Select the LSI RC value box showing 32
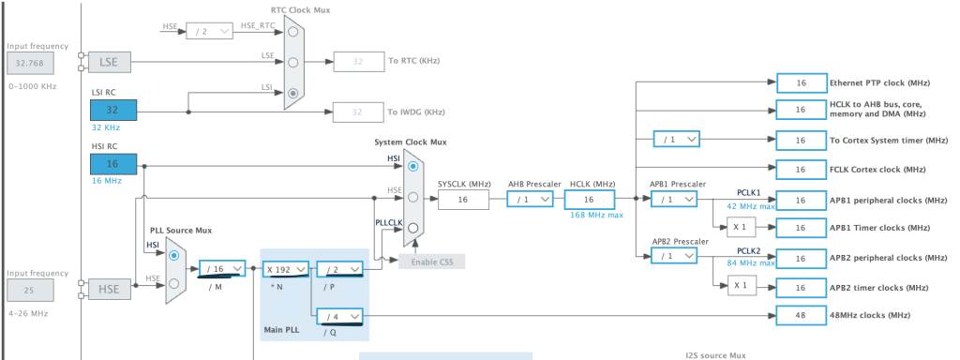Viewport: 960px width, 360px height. coord(113,110)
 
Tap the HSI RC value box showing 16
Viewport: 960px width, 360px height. coord(113,164)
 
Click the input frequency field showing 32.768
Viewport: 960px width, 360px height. coord(30,64)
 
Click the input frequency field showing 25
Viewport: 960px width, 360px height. coord(30,291)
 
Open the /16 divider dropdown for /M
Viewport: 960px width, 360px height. coord(222,268)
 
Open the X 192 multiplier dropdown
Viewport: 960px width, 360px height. coord(285,268)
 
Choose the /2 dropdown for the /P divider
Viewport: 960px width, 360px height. coord(339,268)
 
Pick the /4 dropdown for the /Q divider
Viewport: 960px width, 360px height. coord(339,316)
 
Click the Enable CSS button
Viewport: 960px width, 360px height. coord(431,260)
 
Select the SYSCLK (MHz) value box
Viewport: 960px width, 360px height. coord(463,200)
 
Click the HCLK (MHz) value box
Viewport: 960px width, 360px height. coord(589,200)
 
